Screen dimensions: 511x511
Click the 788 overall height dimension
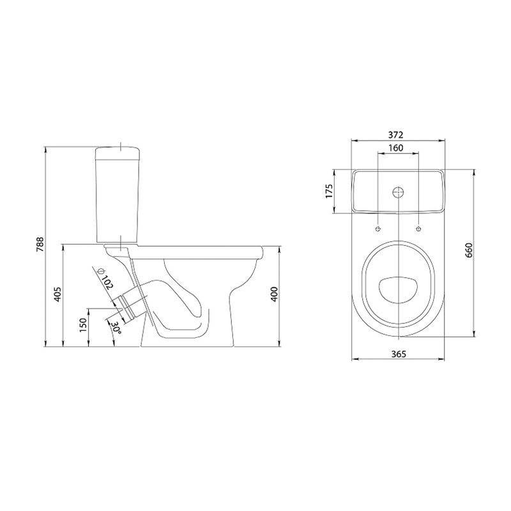tap(40, 244)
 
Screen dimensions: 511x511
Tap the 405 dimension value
tap(57, 294)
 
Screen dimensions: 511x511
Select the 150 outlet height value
tap(83, 325)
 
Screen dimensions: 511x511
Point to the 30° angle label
tap(116, 328)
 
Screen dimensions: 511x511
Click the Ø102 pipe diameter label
tap(105, 278)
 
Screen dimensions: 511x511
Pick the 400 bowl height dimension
tap(275, 294)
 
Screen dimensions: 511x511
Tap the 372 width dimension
tap(396, 135)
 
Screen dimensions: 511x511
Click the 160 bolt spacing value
tap(396, 148)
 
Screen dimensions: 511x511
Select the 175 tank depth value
tap(330, 191)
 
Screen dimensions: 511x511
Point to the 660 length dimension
tap(469, 250)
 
